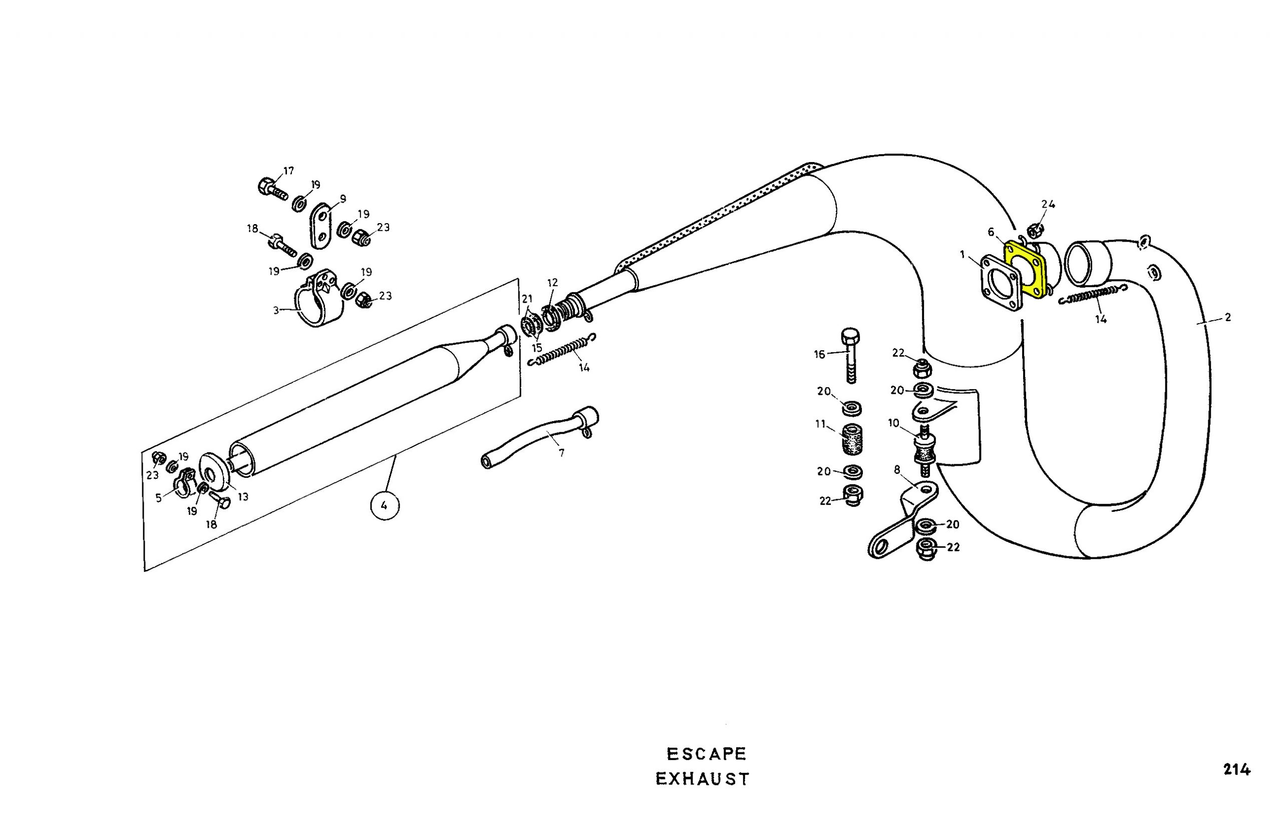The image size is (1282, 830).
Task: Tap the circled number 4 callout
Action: pos(384,505)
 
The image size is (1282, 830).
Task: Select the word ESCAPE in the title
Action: pos(706,754)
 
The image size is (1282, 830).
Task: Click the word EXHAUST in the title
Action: pos(703,779)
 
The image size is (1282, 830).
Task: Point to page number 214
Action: pos(1236,770)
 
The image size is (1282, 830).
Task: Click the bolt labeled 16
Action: pos(850,355)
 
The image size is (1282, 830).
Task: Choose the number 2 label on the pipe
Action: pos(1227,318)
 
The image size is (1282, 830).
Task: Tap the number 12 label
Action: pos(553,283)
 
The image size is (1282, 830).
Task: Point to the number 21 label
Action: pos(527,299)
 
